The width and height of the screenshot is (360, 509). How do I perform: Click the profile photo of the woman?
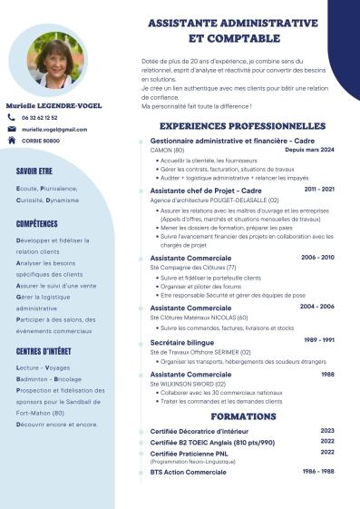(56, 61)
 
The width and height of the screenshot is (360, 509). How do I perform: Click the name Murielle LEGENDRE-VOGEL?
(54, 105)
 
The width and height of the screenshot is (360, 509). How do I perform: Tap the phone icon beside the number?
(12, 118)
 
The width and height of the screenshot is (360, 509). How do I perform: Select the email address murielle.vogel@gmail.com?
(54, 130)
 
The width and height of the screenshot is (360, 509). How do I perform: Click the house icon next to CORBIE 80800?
(12, 142)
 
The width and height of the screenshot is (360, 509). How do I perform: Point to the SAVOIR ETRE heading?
(34, 170)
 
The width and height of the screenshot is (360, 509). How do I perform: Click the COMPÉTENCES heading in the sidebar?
(37, 223)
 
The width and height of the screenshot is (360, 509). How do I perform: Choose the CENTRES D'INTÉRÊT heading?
(44, 351)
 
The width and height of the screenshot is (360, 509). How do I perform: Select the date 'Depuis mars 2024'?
(309, 150)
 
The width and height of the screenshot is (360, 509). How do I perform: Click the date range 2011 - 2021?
(319, 190)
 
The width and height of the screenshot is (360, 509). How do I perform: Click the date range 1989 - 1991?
(319, 340)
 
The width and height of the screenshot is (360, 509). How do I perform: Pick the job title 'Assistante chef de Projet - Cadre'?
(205, 191)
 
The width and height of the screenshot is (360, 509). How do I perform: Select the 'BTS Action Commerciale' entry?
(188, 472)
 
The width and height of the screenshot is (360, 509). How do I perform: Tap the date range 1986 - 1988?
(319, 472)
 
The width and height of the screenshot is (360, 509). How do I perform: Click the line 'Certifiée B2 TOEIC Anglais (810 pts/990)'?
(211, 442)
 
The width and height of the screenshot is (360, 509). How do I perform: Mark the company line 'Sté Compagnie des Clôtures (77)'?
(192, 268)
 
